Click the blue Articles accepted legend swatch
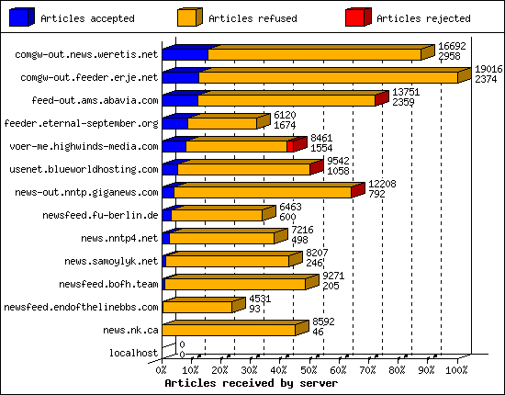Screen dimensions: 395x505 coord(19,17)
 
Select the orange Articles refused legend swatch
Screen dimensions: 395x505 coord(188,17)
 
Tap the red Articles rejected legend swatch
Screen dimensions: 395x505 coord(357,17)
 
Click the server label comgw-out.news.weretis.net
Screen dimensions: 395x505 coord(87,54)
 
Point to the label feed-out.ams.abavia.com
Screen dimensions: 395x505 coord(95,100)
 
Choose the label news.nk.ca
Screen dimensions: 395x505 coord(130,330)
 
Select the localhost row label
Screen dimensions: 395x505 coord(134,353)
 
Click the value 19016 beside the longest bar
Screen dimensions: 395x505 coord(488,69)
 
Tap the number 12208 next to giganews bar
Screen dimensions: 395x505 coord(383,184)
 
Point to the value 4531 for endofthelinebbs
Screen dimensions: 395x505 coord(261,299)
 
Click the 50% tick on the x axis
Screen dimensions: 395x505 coord(308,369)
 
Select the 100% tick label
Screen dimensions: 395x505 coord(456,369)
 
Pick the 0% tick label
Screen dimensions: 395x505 coord(162,369)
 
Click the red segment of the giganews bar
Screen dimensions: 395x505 coord(357,191)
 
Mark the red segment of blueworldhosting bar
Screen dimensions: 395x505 coord(315,169)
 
